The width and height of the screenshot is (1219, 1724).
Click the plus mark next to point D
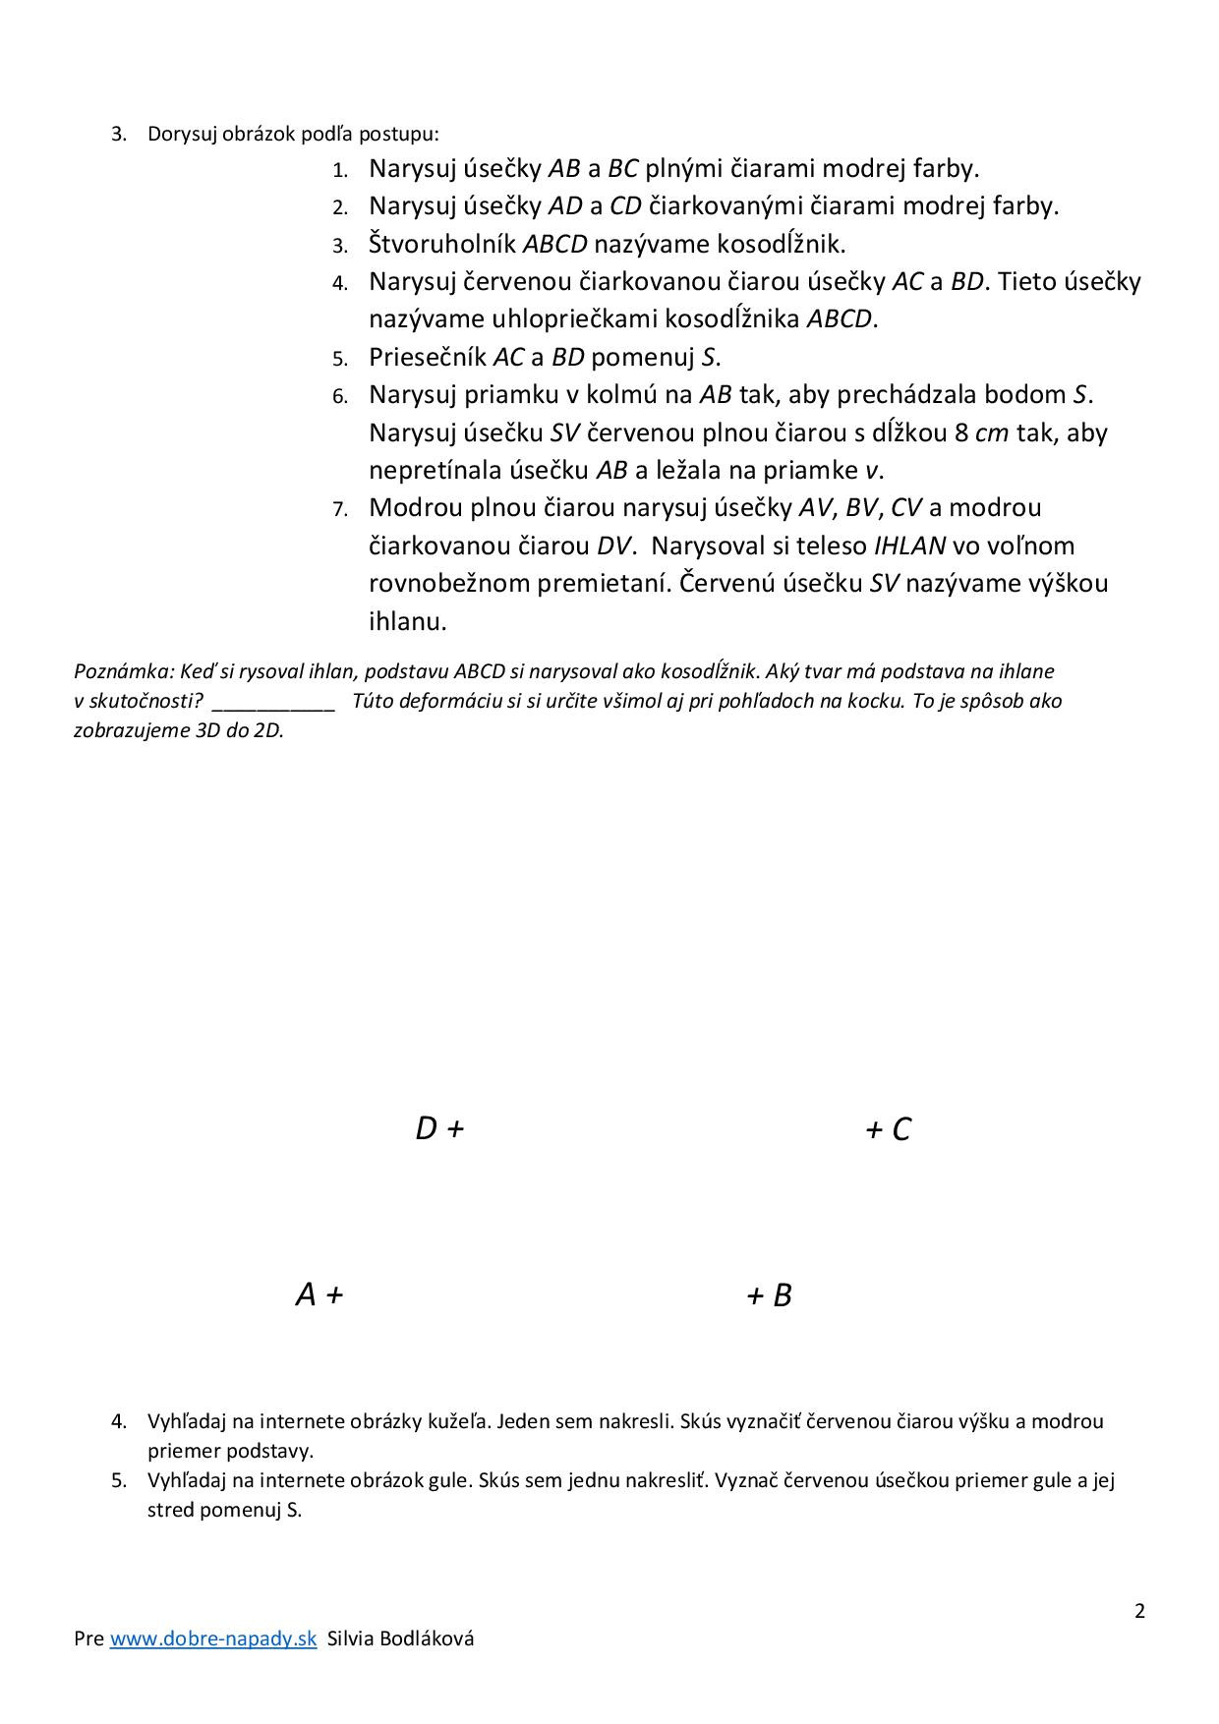click(x=454, y=1129)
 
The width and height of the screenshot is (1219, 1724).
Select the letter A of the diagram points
click(x=306, y=1294)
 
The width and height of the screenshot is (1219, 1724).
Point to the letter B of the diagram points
click(x=783, y=1295)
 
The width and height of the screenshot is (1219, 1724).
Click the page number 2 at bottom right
click(x=1140, y=1611)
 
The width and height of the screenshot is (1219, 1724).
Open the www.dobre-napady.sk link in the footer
click(x=212, y=1638)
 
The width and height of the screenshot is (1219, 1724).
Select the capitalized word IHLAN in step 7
click(x=909, y=546)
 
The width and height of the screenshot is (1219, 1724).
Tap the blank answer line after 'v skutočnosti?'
click(x=273, y=702)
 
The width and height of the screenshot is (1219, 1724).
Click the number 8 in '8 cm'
click(x=961, y=432)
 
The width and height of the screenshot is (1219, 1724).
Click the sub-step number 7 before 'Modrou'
click(x=340, y=509)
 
